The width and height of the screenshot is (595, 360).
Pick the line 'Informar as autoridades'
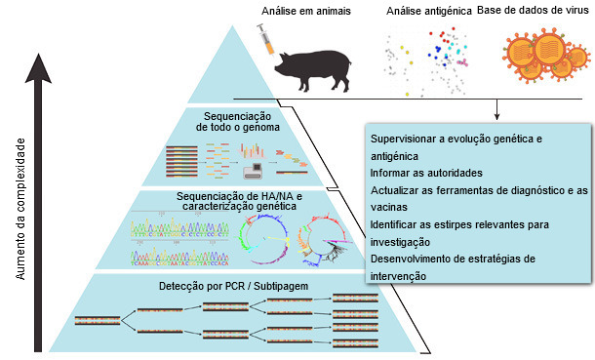click(426, 173)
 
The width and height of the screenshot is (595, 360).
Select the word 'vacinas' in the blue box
click(389, 207)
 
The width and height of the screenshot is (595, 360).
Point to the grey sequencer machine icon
click(249, 169)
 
